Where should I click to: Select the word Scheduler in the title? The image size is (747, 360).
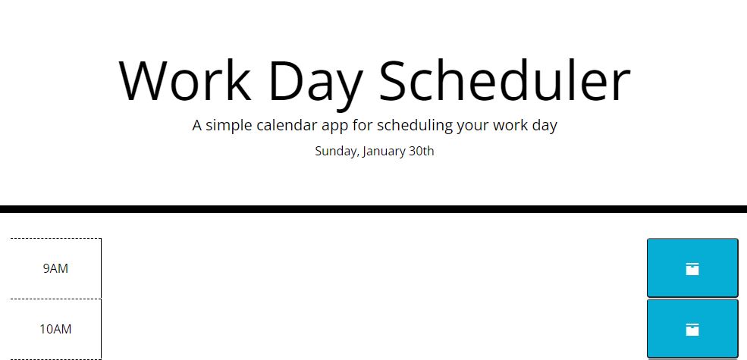[504, 80]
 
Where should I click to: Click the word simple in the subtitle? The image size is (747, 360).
[231, 125]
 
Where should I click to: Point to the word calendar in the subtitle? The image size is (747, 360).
[297, 125]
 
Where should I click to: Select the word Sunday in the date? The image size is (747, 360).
[336, 151]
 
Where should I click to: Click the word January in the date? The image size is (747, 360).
[384, 151]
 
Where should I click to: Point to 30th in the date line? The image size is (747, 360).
[422, 151]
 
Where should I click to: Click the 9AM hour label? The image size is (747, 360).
[55, 268]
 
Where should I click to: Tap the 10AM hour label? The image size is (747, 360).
[55, 329]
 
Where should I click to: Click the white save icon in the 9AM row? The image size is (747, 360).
[692, 268]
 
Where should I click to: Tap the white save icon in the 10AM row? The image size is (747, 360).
[692, 329]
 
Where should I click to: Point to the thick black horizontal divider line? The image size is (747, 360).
[373, 209]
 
